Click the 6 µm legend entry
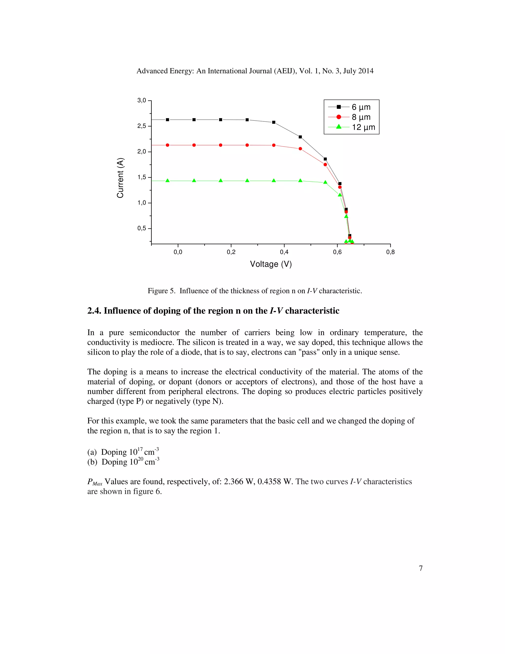(x=361, y=107)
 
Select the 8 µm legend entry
(x=361, y=117)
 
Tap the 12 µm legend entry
(x=363, y=127)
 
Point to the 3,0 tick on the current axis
(x=142, y=100)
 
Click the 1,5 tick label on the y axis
(x=142, y=177)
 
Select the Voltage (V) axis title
(x=271, y=264)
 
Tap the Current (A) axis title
(x=120, y=178)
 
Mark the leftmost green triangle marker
(x=167, y=181)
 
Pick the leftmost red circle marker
(x=167, y=145)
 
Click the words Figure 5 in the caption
(x=161, y=291)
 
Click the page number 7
(x=421, y=568)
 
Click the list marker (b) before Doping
(x=92, y=462)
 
